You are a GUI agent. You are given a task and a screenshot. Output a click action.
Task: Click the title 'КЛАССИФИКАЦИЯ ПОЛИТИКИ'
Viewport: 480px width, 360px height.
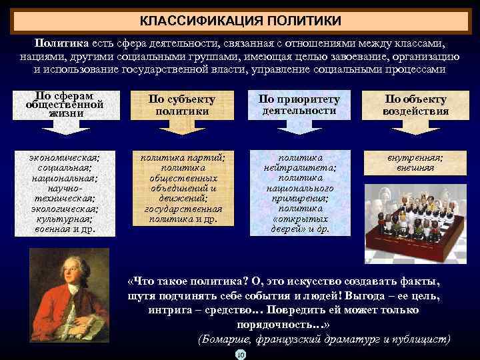(240, 21)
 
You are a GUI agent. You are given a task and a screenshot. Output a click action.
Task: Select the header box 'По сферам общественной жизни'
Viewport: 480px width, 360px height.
(65, 105)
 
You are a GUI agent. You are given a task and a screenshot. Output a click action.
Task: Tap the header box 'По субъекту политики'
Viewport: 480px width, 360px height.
(182, 105)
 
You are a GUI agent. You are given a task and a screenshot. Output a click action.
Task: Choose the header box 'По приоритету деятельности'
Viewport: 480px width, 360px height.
(299, 105)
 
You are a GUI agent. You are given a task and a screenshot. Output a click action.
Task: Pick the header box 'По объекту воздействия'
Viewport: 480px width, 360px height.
(415, 105)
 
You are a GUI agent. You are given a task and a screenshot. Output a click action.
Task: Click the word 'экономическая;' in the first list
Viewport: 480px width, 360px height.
(65, 158)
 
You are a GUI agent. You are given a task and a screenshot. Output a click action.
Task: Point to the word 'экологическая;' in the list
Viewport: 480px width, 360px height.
(65, 207)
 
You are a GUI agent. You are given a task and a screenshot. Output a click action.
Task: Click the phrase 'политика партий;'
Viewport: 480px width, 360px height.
(182, 158)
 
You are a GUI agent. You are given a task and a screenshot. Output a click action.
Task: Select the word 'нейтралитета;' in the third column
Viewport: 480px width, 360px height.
(299, 168)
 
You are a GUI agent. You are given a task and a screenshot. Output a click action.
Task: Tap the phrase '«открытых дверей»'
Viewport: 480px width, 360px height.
(299, 224)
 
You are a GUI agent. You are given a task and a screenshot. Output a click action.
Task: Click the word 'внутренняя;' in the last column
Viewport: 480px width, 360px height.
(415, 158)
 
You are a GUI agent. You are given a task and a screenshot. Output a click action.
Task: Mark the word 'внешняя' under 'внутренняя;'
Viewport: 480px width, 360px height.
(415, 168)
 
